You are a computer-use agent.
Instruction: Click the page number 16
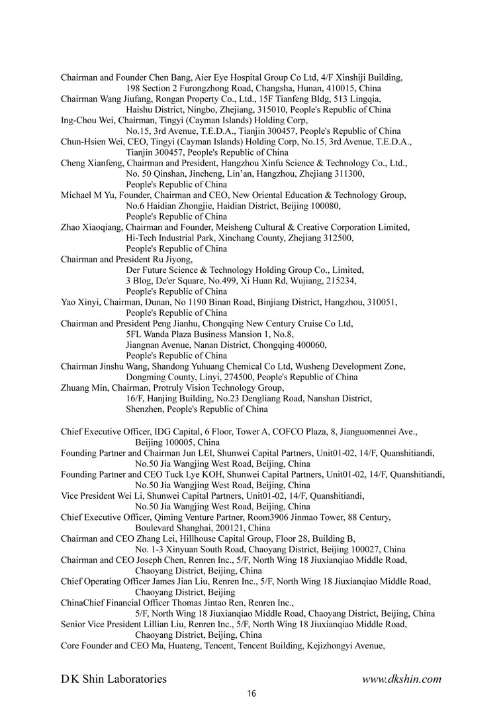251,693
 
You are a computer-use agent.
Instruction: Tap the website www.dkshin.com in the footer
402,678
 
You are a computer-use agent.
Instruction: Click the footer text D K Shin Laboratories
114,678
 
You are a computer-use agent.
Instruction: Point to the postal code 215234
343,281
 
